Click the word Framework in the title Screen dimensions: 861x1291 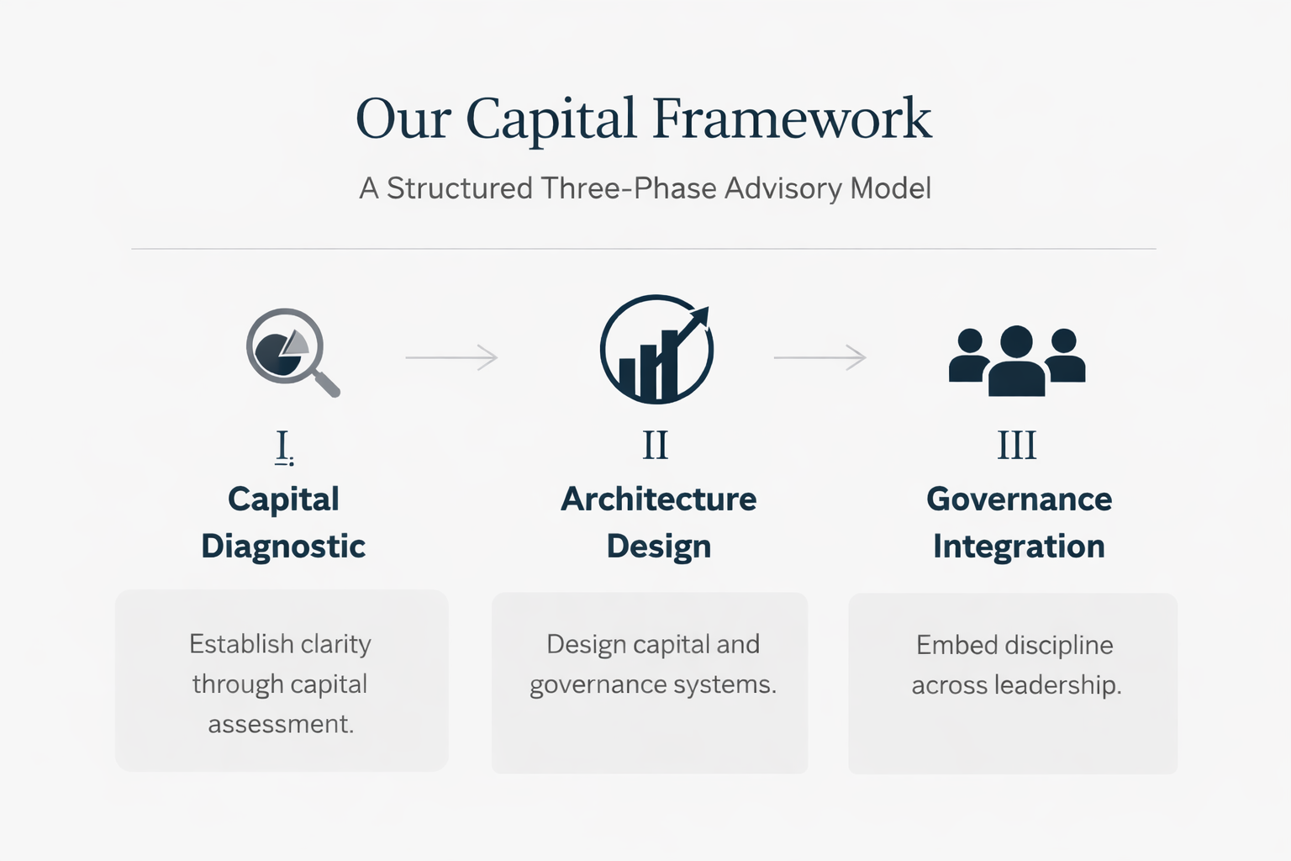(792, 119)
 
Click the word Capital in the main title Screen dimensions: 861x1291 (551, 119)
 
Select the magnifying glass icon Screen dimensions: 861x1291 (290, 351)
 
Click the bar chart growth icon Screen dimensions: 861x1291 (656, 350)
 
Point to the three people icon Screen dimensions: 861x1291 (1017, 360)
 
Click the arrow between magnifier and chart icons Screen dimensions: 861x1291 (452, 357)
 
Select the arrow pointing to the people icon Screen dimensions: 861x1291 (819, 357)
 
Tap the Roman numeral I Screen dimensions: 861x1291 (283, 446)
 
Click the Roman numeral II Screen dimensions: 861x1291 (656, 446)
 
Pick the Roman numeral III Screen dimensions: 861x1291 (1017, 446)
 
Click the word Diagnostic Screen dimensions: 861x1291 (283, 547)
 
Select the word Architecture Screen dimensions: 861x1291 (658, 499)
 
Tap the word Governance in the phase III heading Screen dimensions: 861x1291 (1019, 499)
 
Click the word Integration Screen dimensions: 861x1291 (1019, 547)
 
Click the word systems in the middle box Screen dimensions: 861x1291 (726, 684)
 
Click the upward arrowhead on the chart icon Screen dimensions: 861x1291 (699, 318)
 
